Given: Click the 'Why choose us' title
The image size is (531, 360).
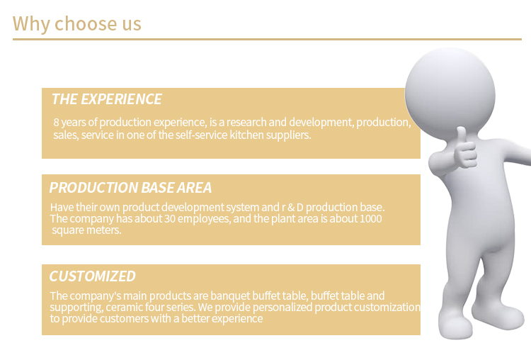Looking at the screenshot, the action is point(77,24).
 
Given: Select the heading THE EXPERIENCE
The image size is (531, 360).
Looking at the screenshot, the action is point(107,99).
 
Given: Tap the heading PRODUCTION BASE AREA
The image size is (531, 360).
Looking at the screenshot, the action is point(130,188).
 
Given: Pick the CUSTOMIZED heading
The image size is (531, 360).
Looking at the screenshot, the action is point(93,276).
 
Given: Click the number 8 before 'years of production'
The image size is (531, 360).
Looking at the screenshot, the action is point(56,122).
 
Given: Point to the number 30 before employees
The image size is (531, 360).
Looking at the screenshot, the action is point(170,219).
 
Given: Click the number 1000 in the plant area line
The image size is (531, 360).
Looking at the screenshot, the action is point(370,219).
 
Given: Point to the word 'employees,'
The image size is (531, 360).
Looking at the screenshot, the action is point(204,219).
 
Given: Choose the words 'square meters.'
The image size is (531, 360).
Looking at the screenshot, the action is point(86,230).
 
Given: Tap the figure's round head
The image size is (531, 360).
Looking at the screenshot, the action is point(450,94).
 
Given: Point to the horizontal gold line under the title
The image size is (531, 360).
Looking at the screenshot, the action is point(267,39).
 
